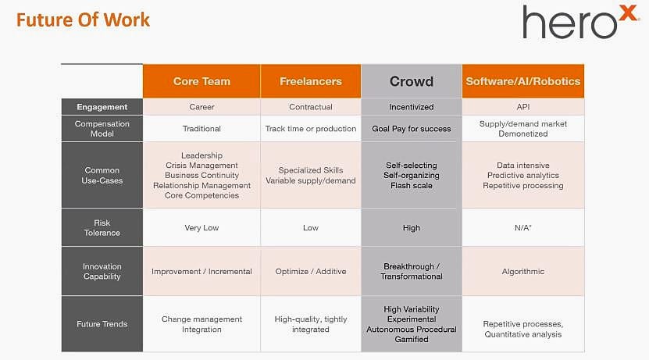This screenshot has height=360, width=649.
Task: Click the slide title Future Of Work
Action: pos(83,20)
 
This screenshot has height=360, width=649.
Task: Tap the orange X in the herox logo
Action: pos(629,13)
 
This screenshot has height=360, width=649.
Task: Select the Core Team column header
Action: pos(201,81)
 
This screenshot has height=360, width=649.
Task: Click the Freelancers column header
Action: pos(310,81)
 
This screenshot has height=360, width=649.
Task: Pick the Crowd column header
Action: pos(412,81)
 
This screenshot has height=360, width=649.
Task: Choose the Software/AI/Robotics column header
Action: pos(523,81)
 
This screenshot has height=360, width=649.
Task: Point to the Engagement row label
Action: pos(102,107)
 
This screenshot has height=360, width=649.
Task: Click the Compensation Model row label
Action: pos(102,129)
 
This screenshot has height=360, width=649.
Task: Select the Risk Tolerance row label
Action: pos(102,227)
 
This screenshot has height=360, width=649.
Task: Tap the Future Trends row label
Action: pos(102,324)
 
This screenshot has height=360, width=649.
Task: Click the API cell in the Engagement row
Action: pos(523,107)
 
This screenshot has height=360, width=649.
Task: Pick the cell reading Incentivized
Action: pos(412,107)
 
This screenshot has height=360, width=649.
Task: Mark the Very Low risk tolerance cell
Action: pos(201,227)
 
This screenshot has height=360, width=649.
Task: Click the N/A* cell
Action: pos(523,227)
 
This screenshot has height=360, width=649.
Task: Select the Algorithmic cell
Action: pos(523,272)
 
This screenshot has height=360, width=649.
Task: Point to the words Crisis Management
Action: pos(201,165)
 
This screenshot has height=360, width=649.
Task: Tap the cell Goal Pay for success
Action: pos(412,129)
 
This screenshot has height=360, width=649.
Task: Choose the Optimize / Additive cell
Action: pos(310,272)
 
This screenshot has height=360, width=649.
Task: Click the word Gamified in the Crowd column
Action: pos(412,340)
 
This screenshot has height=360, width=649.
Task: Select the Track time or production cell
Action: pos(310,129)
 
